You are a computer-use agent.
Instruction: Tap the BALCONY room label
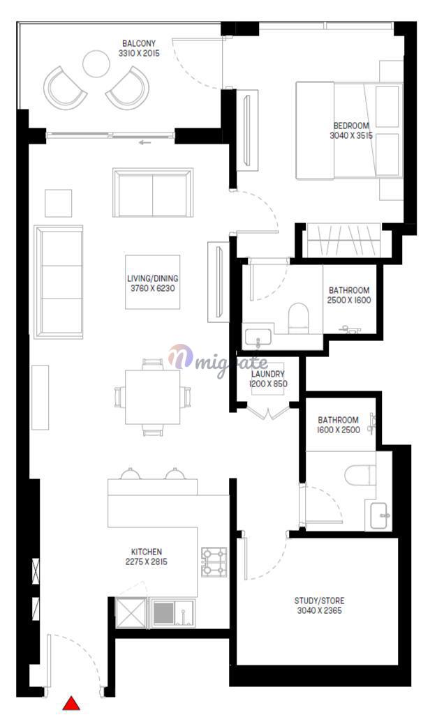pyautogui.click(x=139, y=43)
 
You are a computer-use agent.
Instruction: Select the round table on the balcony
pyautogui.click(x=96, y=63)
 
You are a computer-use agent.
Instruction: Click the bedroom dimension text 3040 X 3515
pyautogui.click(x=351, y=136)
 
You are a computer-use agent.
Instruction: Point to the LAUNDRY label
pyautogui.click(x=268, y=374)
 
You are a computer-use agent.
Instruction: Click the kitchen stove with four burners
pyautogui.click(x=214, y=562)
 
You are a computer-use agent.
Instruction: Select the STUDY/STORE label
pyautogui.click(x=319, y=601)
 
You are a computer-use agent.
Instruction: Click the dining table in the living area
pyautogui.click(x=152, y=397)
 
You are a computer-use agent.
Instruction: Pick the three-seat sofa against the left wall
pyautogui.click(x=59, y=282)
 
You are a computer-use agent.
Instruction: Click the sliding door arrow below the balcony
pyautogui.click(x=145, y=142)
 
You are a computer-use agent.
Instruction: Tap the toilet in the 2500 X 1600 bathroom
pyautogui.click(x=298, y=317)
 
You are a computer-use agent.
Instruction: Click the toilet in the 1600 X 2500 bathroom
pyautogui.click(x=361, y=476)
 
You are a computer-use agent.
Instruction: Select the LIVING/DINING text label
pyautogui.click(x=152, y=278)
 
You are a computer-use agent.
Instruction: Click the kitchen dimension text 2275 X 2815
pyautogui.click(x=147, y=562)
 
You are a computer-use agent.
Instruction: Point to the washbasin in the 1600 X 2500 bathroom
pyautogui.click(x=381, y=515)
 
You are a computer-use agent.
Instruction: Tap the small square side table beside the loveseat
pyautogui.click(x=58, y=203)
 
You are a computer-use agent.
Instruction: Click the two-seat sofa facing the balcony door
pyautogui.click(x=153, y=193)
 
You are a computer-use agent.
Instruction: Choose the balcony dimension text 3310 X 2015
pyautogui.click(x=139, y=53)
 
